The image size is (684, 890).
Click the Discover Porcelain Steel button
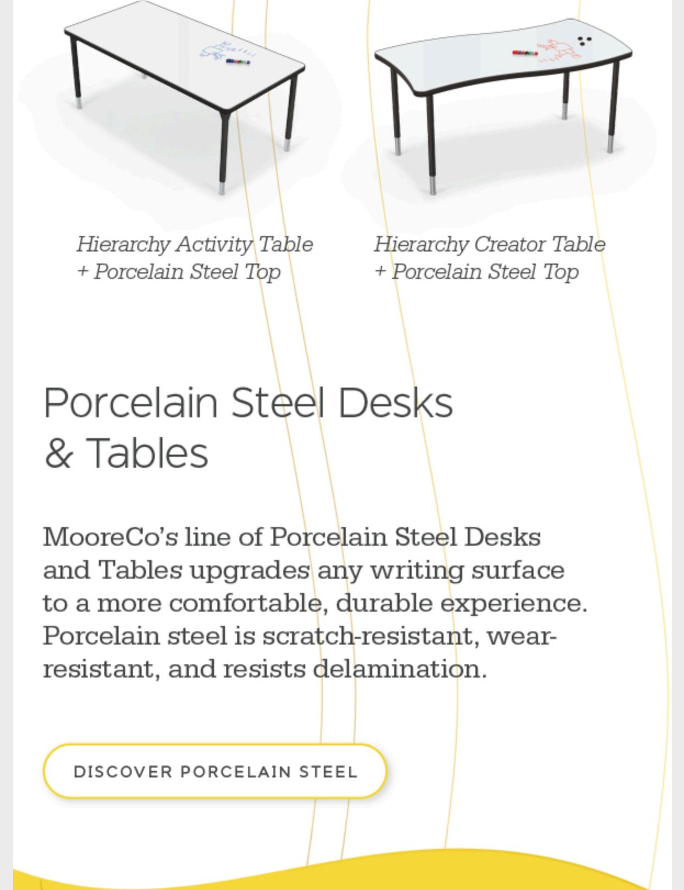[x=215, y=771]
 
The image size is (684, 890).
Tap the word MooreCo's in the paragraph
[x=110, y=537]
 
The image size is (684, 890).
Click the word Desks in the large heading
[x=395, y=403]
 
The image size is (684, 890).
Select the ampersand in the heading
[x=58, y=454]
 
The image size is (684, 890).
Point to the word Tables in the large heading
[x=147, y=454]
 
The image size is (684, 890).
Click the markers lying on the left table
[x=238, y=61]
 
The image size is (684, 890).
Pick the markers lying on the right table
[x=525, y=53]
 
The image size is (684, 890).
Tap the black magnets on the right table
[x=585, y=41]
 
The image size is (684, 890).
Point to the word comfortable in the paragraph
[x=246, y=603]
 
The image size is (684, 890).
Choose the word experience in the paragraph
[x=514, y=603]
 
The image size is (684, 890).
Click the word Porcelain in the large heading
[x=131, y=403]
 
